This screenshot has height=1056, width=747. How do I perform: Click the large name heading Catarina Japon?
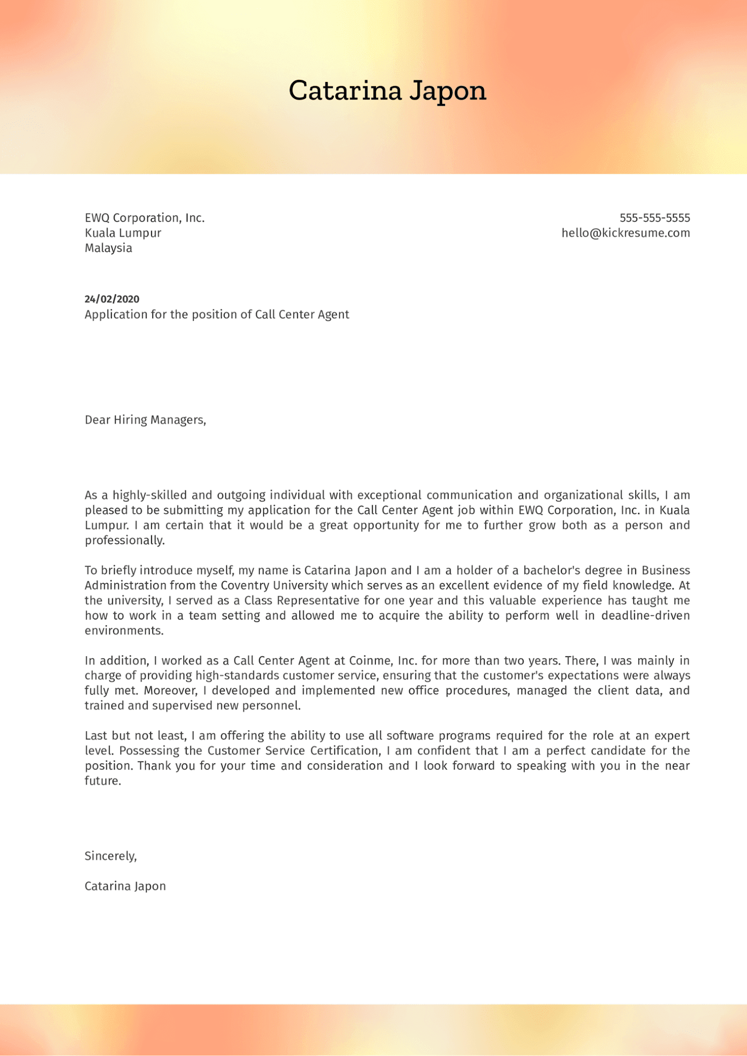(387, 91)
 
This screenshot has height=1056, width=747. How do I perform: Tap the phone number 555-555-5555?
(654, 218)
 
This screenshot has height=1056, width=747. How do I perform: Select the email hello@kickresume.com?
(625, 233)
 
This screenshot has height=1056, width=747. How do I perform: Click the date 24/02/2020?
(112, 299)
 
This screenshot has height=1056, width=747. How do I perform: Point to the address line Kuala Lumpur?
(123, 233)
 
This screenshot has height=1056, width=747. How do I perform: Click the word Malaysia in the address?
(108, 248)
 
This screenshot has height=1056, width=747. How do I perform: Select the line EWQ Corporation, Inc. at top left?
(144, 218)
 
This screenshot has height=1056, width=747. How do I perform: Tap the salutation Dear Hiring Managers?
(145, 420)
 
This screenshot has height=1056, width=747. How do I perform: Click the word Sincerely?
(110, 856)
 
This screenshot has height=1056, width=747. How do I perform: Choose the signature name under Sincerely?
(125, 886)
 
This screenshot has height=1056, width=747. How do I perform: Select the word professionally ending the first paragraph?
(124, 540)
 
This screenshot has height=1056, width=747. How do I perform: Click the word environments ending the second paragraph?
(123, 631)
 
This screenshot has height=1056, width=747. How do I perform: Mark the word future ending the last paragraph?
(102, 781)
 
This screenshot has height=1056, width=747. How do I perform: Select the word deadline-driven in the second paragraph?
(645, 616)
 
